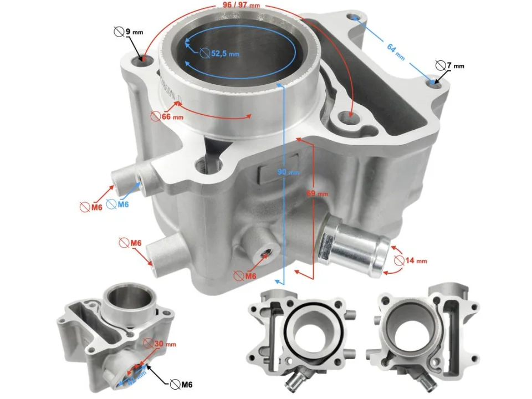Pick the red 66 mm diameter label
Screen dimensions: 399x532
coord(167,116)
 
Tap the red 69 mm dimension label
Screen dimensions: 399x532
coord(318,194)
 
